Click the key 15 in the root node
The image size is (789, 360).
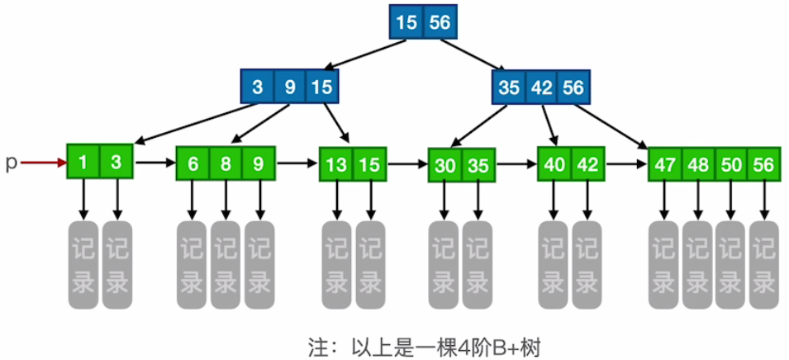click(406, 22)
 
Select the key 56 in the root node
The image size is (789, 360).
click(440, 22)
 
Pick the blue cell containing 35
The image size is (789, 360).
click(510, 87)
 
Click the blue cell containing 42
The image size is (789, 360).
click(541, 87)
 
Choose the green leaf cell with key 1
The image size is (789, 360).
click(83, 163)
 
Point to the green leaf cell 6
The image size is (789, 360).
click(192, 163)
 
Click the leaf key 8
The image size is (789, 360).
click(226, 163)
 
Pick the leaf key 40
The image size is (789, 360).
click(554, 163)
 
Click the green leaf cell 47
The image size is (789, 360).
click(664, 163)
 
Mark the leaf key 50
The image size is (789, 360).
click(731, 163)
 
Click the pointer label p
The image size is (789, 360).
click(11, 163)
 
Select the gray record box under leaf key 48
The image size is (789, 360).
click(697, 260)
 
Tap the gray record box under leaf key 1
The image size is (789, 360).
click(83, 260)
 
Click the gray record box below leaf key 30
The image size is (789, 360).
click(444, 260)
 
